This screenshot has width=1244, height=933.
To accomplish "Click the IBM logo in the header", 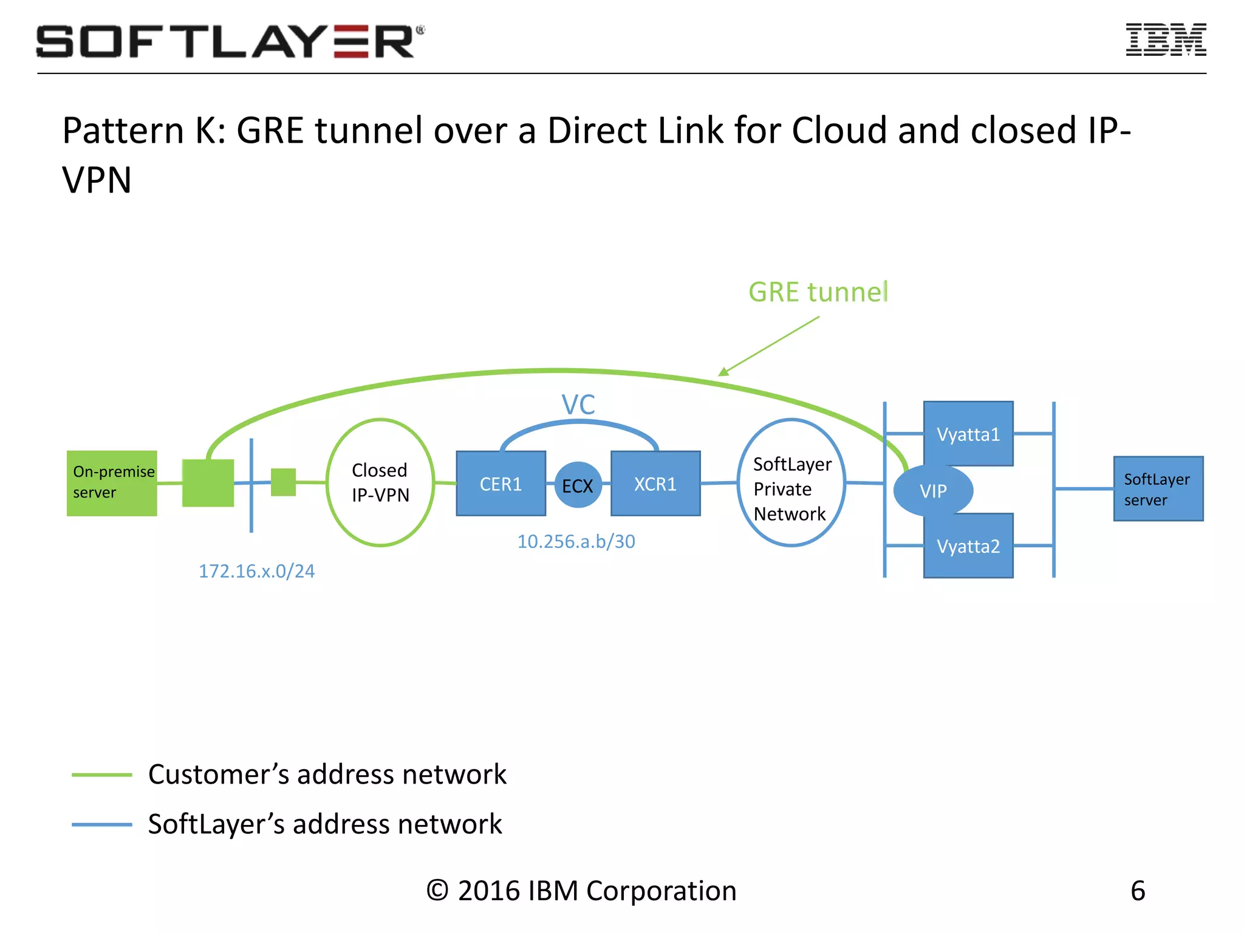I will click(x=1165, y=40).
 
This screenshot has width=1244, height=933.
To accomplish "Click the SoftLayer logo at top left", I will click(x=230, y=41).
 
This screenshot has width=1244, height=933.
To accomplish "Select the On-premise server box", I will click(x=112, y=483).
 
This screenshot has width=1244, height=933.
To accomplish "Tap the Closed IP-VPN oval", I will click(x=380, y=482).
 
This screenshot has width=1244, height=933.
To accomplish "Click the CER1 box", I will click(x=501, y=484).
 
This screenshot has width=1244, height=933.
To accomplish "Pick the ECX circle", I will click(x=578, y=485).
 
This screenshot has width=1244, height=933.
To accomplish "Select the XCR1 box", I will click(x=655, y=484).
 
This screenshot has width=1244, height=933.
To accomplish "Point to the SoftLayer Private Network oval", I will click(x=790, y=483).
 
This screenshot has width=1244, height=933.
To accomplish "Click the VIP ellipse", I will click(x=932, y=490).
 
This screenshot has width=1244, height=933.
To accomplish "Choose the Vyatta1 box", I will click(x=968, y=434).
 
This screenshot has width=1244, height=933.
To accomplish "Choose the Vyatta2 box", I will click(x=968, y=545).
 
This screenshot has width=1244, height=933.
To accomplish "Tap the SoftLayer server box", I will click(x=1158, y=488).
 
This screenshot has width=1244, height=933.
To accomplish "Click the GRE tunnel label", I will click(x=818, y=292).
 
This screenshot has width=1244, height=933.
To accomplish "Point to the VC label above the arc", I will click(x=578, y=405).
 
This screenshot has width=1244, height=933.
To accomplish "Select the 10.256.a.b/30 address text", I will click(x=576, y=541).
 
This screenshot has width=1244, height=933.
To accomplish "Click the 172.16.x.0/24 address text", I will click(x=256, y=571).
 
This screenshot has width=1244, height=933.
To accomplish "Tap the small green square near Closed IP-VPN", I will click(x=283, y=482).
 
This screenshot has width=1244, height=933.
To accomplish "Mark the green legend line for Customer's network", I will click(x=101, y=774).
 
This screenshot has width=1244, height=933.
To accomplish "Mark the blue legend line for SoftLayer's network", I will click(x=101, y=824).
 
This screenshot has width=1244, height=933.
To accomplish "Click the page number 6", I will click(x=1138, y=890).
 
